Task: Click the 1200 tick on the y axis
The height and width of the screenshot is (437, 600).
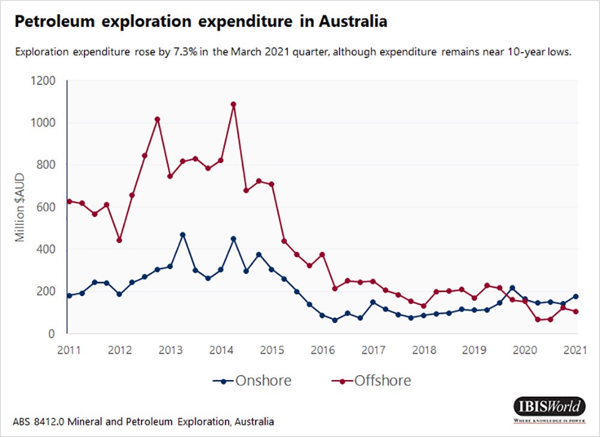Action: [42, 81]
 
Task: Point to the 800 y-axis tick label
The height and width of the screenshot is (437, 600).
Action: [46, 165]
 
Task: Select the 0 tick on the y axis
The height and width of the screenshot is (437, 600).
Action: [52, 334]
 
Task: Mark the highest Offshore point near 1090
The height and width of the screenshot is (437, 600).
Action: [233, 104]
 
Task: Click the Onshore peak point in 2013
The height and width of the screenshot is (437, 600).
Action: [182, 235]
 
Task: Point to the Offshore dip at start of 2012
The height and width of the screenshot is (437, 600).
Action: [119, 240]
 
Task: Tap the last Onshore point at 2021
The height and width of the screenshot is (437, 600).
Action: [575, 296]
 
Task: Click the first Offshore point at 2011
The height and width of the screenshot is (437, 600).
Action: [69, 201]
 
